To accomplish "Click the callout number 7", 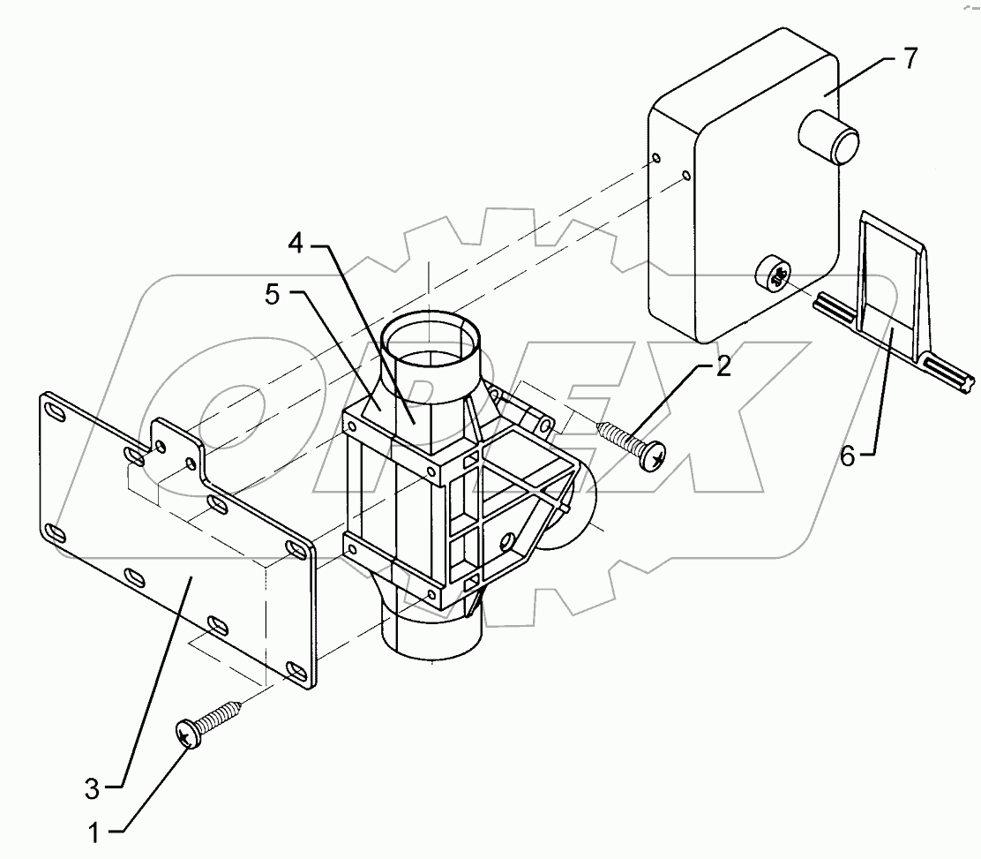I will (x=910, y=59).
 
